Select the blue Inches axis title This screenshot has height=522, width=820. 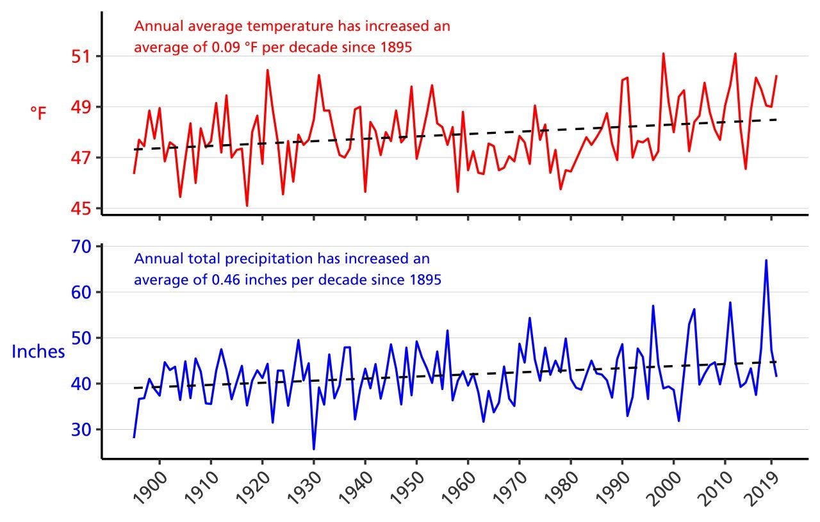pos(38,352)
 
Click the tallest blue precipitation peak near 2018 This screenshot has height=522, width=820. pos(766,260)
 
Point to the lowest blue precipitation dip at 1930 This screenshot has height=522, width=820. pos(314,449)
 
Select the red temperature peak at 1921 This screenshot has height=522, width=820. pos(267,70)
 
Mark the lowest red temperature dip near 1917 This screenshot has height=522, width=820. pos(247,206)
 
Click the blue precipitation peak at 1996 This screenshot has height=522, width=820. pos(653,306)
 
